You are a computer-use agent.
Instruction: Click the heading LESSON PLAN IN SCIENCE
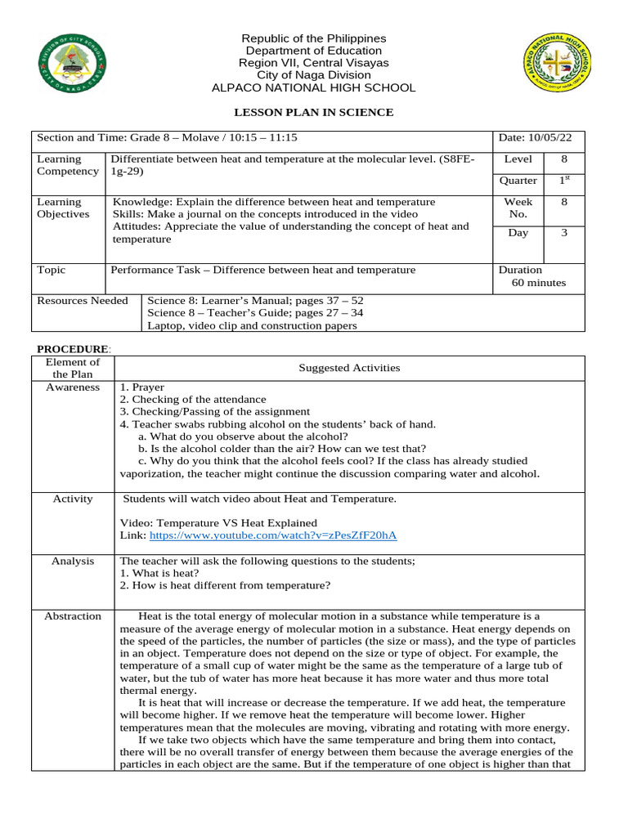pyautogui.click(x=313, y=112)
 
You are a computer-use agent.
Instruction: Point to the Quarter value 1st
pyautogui.click(x=563, y=181)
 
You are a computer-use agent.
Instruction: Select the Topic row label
pyautogui.click(x=52, y=270)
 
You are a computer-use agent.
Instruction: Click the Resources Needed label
pyautogui.click(x=83, y=301)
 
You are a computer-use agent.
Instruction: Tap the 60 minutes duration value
pyautogui.click(x=538, y=283)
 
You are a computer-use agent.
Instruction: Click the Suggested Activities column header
pyautogui.click(x=349, y=368)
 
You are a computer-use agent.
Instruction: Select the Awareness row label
pyautogui.click(x=73, y=387)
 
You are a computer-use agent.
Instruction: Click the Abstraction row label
pyautogui.click(x=73, y=616)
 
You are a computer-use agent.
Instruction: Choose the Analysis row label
pyautogui.click(x=73, y=561)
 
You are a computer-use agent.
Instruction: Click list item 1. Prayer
pyautogui.click(x=142, y=387)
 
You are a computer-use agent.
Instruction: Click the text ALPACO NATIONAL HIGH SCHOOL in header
pyautogui.click(x=313, y=87)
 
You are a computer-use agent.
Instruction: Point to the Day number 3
pyautogui.click(x=563, y=233)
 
